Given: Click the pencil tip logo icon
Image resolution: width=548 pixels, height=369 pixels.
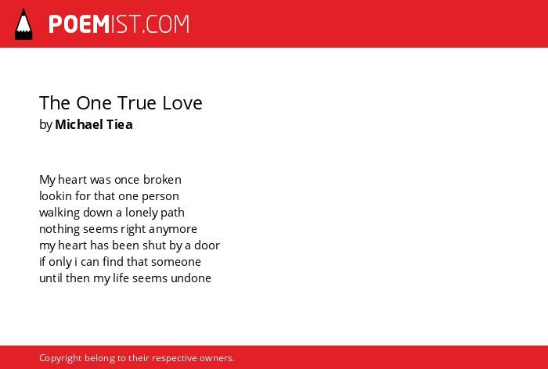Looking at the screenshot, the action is pyautogui.click(x=23, y=23).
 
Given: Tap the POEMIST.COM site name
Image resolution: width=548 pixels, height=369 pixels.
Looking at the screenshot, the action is pyautogui.click(x=119, y=24).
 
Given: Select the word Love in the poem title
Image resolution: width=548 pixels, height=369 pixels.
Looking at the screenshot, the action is pyautogui.click(x=182, y=102).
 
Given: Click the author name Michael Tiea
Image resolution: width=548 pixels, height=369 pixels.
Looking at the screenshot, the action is pyautogui.click(x=94, y=124).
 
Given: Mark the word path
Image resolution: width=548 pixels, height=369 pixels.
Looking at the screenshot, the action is pyautogui.click(x=172, y=213).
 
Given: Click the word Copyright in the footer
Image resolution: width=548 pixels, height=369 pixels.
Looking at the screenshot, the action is pyautogui.click(x=60, y=358).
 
